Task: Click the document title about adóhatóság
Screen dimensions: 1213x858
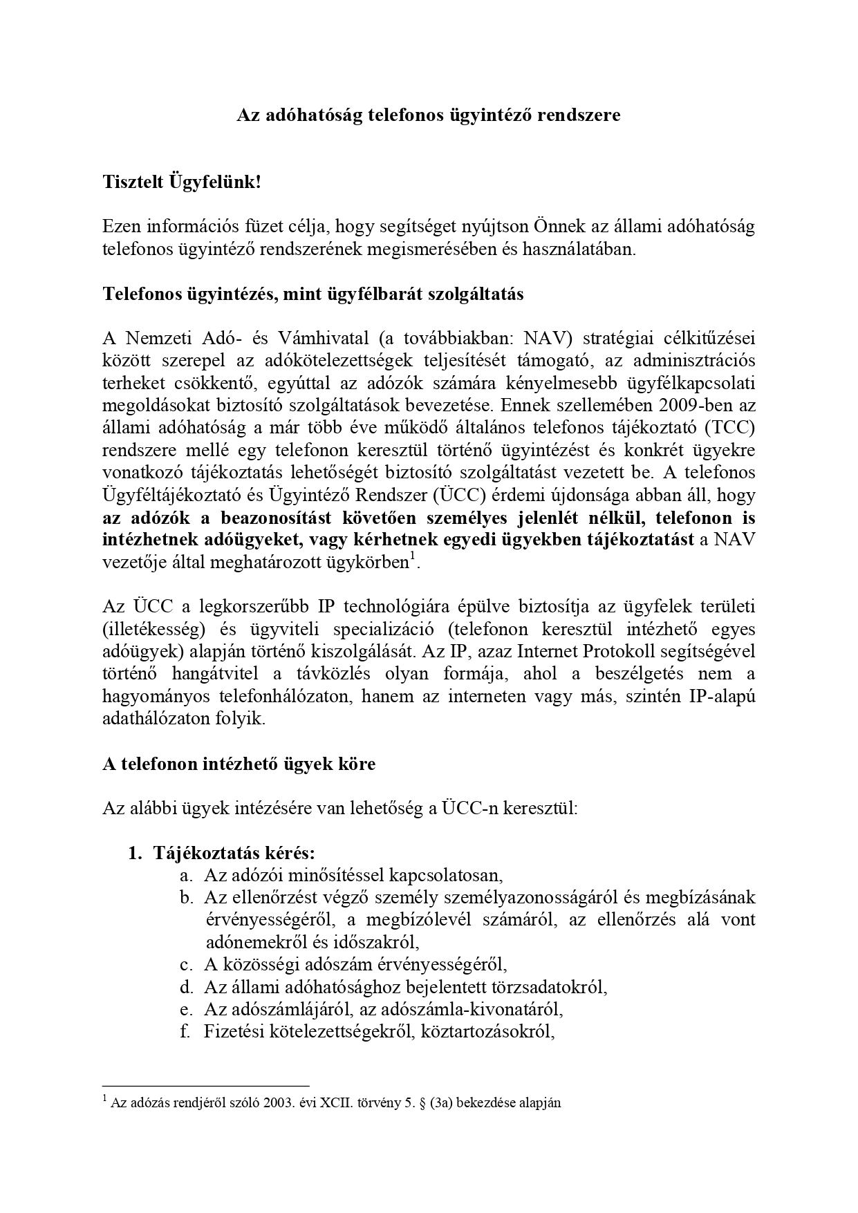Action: pyautogui.click(x=429, y=115)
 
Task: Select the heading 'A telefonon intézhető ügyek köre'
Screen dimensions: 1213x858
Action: pyautogui.click(x=239, y=764)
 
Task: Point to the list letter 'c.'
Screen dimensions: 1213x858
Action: pyautogui.click(x=186, y=964)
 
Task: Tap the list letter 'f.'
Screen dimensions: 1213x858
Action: pyautogui.click(x=185, y=1031)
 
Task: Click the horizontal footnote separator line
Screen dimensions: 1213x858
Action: pyautogui.click(x=205, y=1086)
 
